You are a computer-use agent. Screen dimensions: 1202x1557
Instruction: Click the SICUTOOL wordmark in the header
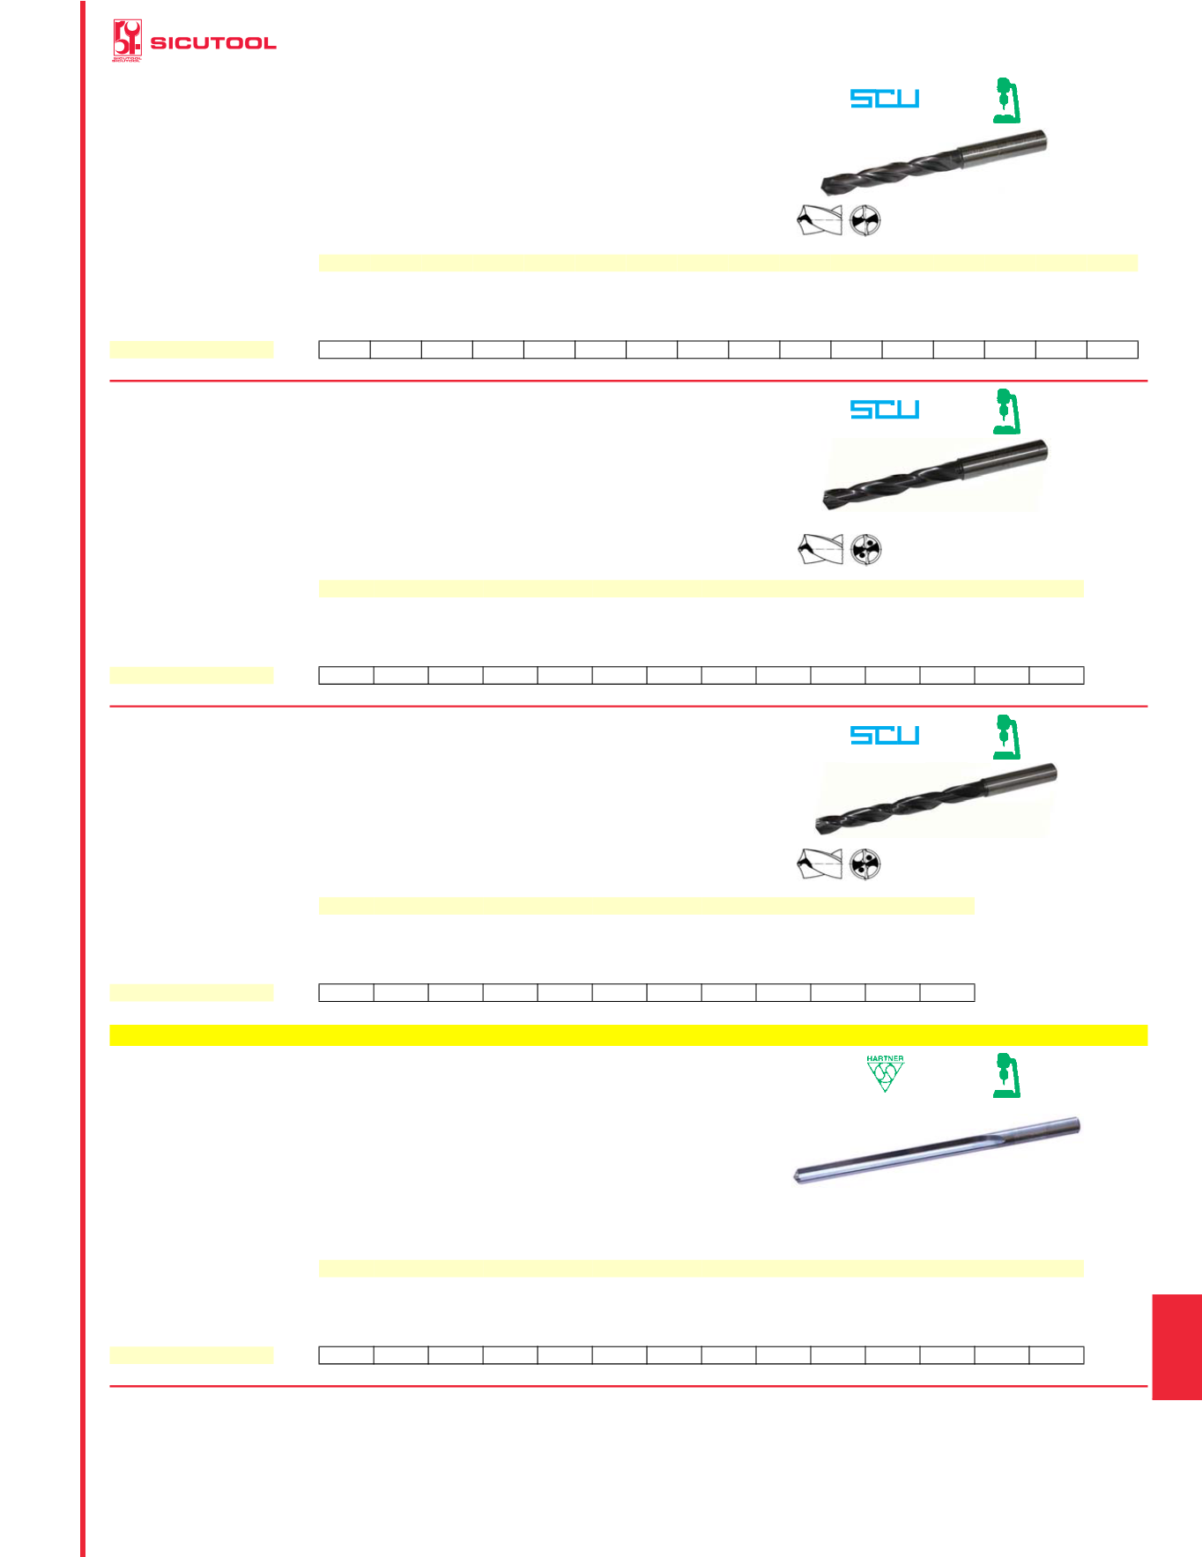pos(213,42)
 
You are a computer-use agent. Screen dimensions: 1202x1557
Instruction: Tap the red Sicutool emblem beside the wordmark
pos(127,41)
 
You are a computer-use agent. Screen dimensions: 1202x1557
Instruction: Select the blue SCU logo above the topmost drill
pos(885,98)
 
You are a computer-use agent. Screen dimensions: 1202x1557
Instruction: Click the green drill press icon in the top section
pos(1006,100)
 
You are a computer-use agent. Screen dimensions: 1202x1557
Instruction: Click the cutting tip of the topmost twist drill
pos(826,185)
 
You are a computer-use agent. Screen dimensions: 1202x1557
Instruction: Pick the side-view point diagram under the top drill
pos(820,220)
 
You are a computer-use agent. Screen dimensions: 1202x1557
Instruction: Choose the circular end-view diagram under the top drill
pos(865,220)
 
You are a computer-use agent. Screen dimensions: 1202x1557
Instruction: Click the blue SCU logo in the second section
pos(885,409)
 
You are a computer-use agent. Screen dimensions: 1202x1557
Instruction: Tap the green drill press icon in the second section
pos(1006,411)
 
